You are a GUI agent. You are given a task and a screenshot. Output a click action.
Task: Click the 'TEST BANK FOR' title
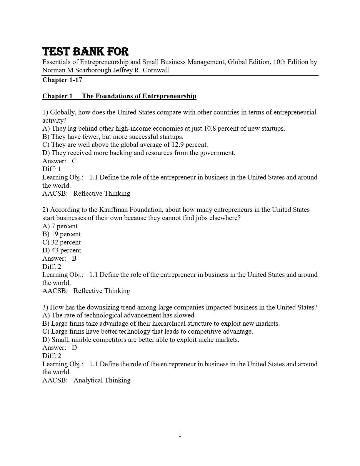point(86,52)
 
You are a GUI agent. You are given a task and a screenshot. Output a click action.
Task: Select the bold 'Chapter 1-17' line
point(62,80)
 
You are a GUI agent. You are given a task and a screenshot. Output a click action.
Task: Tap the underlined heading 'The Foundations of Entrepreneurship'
point(139,96)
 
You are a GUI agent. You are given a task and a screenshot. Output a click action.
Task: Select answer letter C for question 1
point(74,161)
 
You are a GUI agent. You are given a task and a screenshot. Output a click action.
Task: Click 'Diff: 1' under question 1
point(52,169)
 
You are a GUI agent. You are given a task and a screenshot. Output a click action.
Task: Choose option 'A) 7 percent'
point(60,226)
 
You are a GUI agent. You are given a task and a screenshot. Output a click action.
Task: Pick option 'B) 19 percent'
point(61,234)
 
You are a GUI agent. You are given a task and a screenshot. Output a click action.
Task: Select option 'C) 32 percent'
point(61,242)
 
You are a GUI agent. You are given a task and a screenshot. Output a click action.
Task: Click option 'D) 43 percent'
point(62,250)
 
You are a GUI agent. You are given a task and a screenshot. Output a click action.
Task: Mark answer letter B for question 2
point(74,259)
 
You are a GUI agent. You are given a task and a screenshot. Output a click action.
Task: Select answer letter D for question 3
point(74,348)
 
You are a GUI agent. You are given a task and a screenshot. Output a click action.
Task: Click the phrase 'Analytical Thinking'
point(102,380)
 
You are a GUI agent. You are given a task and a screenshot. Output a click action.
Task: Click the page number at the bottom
point(180,435)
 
